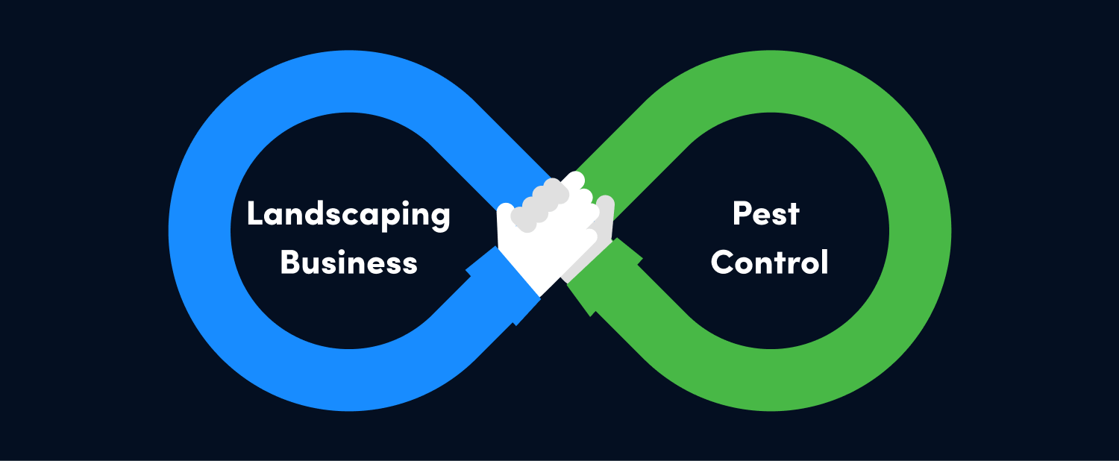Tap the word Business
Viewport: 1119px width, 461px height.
point(348,263)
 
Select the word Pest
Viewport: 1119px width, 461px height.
point(765,215)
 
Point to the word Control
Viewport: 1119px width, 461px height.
point(769,263)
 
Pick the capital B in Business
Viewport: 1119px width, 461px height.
point(289,263)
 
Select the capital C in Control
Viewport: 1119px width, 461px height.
point(722,263)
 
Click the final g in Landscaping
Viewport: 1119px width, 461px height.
point(441,219)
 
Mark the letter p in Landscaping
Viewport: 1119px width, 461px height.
point(391,219)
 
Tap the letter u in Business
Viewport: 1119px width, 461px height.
point(313,265)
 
